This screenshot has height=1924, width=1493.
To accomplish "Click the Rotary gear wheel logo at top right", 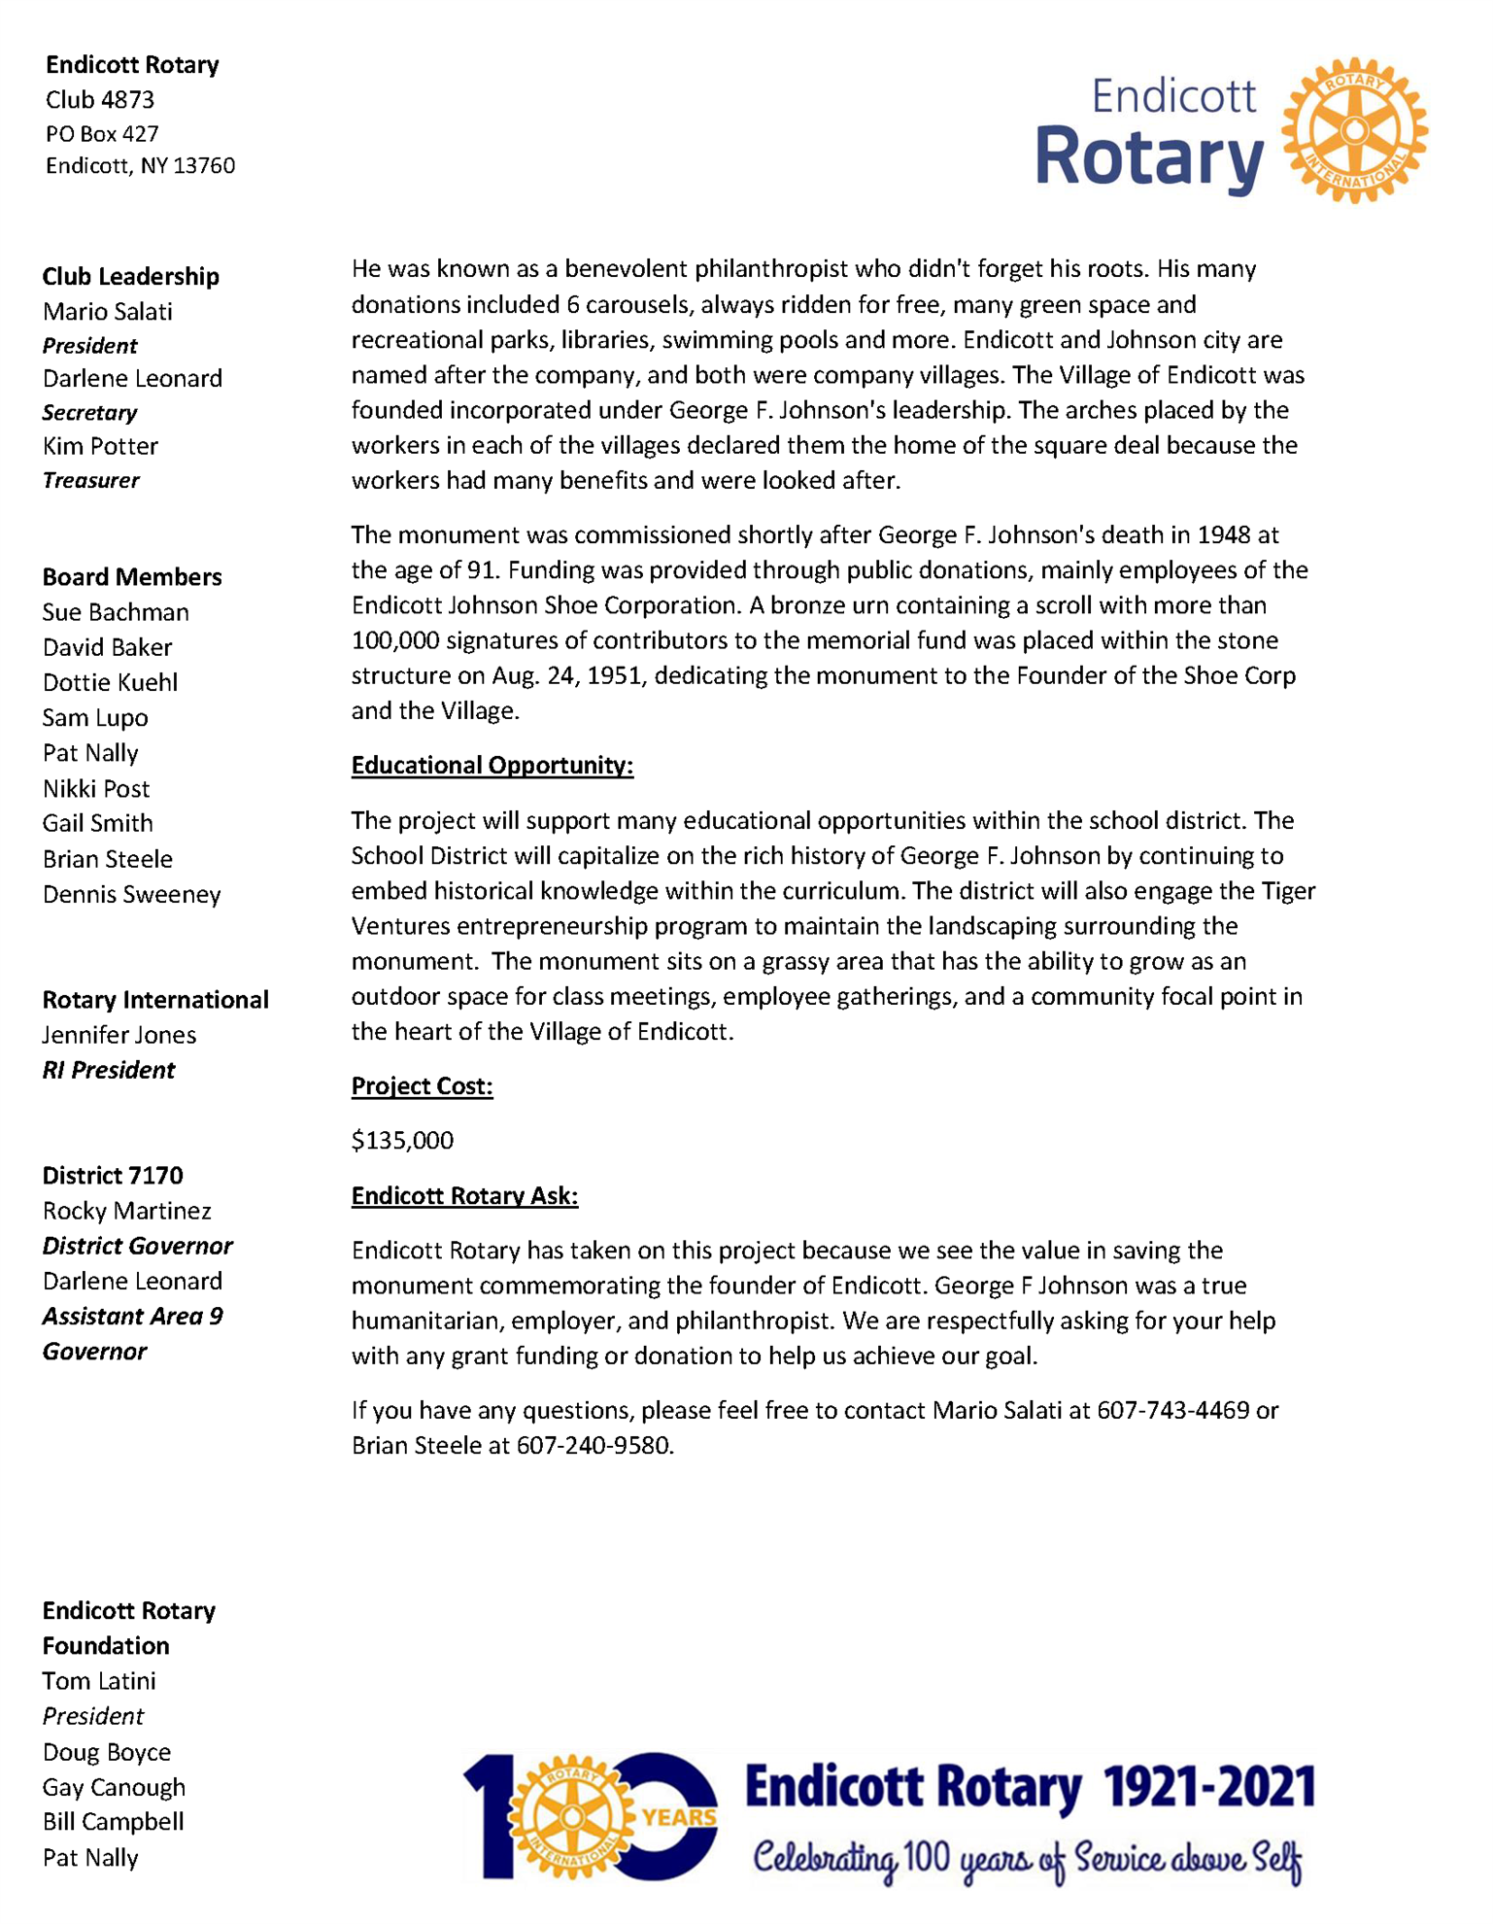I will coord(1354,130).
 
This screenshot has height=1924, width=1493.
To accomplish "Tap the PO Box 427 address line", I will coord(102,133).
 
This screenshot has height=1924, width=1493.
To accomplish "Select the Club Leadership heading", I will coord(130,277).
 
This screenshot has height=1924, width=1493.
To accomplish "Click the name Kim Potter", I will coord(100,446).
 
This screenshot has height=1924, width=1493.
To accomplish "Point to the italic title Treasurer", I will coord(90,480).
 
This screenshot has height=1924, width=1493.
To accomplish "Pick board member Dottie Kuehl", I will coord(110,682).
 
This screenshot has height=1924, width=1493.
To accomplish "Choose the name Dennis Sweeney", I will coord(131,894).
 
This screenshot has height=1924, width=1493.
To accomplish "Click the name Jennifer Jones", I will coord(119,1035).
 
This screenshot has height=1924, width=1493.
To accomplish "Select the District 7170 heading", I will coord(112,1176).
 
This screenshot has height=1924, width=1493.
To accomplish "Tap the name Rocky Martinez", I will coord(126,1211).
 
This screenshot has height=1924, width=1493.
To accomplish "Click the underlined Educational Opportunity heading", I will coord(492,766).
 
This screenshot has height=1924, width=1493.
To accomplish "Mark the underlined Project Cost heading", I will coord(422,1086).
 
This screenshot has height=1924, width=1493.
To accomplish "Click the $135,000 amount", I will coord(402,1141).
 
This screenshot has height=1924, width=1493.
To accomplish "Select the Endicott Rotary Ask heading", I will coord(464,1196).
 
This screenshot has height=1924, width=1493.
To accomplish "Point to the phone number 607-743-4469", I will coord(1172,1410).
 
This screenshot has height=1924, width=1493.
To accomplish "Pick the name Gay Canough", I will coord(114,1787).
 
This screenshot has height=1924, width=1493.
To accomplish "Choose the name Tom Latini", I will coord(99,1681).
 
